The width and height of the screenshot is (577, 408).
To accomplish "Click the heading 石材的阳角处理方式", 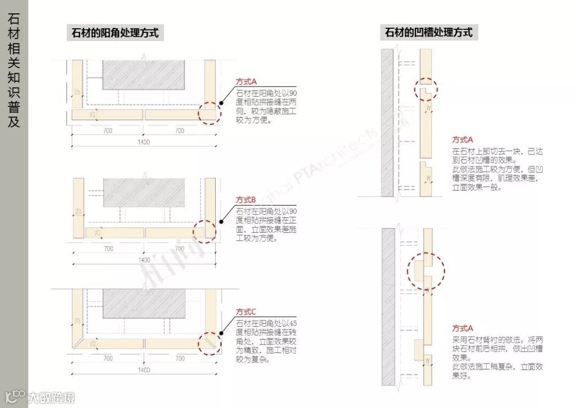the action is [115, 33].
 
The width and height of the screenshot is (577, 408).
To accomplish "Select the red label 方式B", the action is [246, 200].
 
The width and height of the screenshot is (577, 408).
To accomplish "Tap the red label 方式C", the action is [246, 312].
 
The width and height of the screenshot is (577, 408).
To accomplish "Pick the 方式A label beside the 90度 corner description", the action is [246, 82].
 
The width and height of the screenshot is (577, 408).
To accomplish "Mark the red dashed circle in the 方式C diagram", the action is [209, 343].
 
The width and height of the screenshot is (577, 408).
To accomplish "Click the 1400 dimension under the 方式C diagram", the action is [144, 370].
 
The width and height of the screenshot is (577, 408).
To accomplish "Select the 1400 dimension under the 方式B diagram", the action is [144, 260].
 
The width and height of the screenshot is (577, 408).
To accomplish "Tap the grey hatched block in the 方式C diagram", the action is [144, 303].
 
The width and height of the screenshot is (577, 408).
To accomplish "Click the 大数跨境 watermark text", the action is [51, 397].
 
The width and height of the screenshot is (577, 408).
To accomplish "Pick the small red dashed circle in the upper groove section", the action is [426, 89].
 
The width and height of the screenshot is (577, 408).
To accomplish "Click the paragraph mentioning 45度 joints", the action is [266, 342].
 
